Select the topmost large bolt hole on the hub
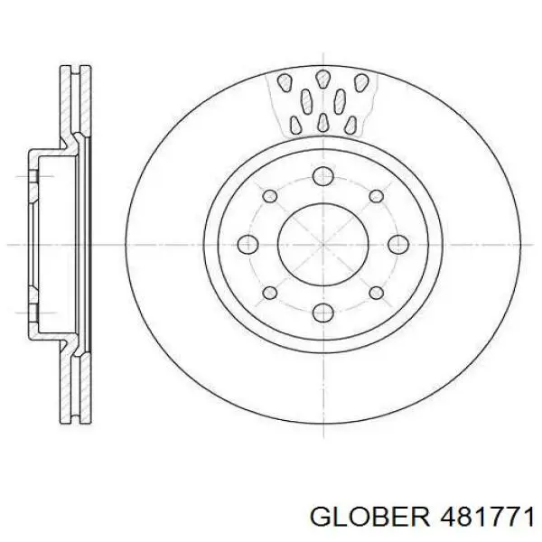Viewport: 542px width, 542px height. click(321, 176)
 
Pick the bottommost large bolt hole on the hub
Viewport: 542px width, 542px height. click(321, 313)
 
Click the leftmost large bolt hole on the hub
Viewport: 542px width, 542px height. click(246, 244)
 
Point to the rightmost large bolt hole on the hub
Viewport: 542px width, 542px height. click(396, 244)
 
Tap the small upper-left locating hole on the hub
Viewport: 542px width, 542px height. click(267, 195)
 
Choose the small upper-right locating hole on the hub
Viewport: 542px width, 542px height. click(373, 195)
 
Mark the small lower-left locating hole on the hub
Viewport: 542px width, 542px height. click(267, 293)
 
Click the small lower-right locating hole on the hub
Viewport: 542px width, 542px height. click(373, 293)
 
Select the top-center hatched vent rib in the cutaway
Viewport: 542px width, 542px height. click(322, 79)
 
